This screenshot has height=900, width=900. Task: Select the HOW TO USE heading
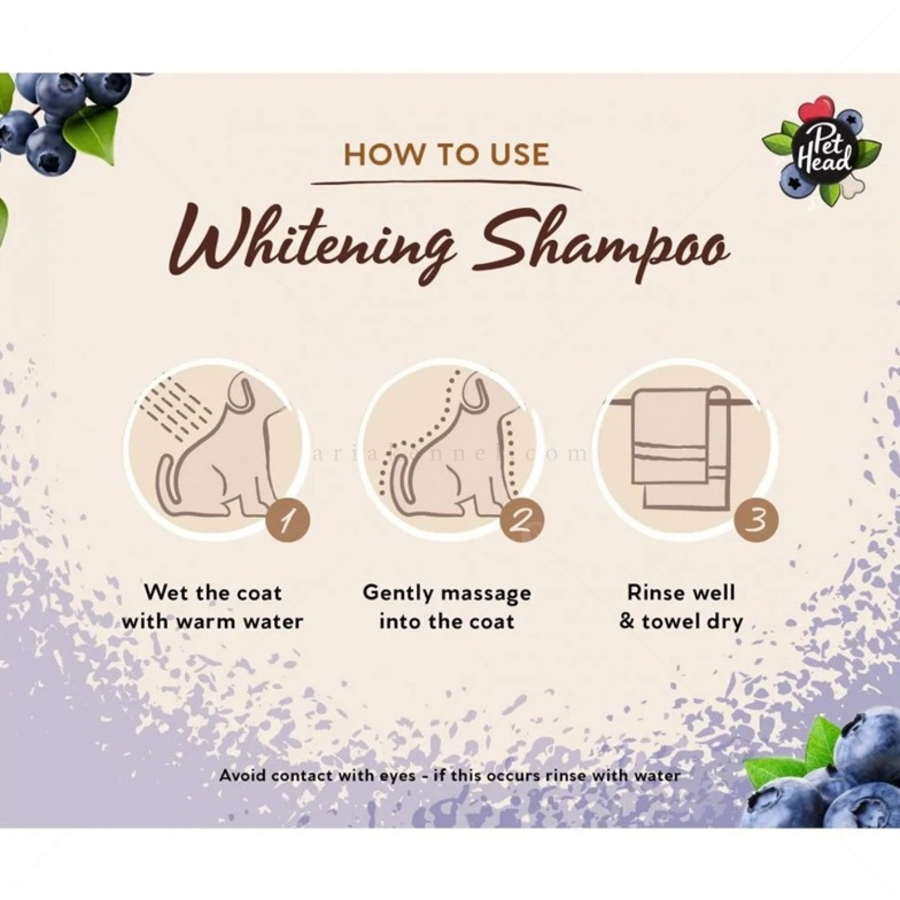[446, 154]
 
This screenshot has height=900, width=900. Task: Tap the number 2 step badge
[522, 519]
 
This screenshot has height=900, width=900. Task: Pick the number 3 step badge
[757, 519]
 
